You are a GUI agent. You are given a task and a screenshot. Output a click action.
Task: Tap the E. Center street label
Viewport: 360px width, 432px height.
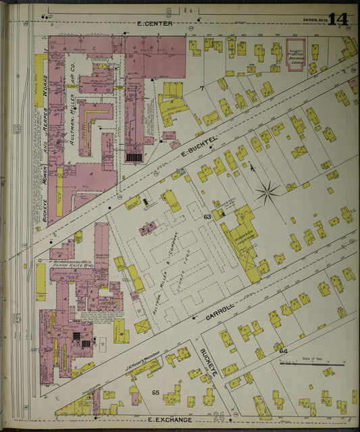155,24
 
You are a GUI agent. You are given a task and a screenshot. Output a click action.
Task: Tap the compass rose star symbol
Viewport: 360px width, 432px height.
267,194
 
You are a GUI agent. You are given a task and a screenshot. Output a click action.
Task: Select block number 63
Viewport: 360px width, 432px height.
207,217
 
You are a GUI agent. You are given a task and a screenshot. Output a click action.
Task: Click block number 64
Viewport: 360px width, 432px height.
282,351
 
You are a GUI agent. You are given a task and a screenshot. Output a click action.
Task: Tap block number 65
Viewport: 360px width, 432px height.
155,392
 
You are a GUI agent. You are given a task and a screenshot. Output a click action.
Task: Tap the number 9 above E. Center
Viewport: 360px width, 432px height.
168,11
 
